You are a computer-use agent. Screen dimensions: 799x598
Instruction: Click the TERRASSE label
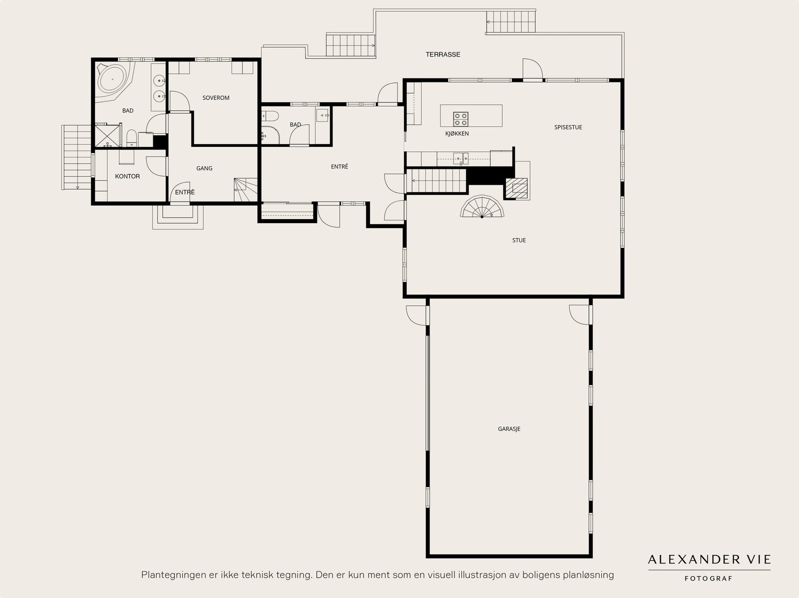click(x=443, y=54)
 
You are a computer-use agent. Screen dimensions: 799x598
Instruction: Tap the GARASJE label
click(x=509, y=429)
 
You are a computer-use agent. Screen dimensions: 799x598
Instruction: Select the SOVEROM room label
click(x=216, y=98)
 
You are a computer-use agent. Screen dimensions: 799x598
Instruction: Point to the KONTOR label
click(x=127, y=176)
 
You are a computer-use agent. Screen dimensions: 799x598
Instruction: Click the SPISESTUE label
click(x=568, y=127)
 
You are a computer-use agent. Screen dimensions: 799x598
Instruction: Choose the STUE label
click(x=519, y=240)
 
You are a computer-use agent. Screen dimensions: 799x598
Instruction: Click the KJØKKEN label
click(x=457, y=133)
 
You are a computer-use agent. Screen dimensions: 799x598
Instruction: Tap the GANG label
click(x=204, y=168)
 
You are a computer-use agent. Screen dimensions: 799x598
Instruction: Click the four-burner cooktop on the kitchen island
click(x=460, y=119)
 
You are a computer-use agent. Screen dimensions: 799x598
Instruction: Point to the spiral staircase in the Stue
click(x=482, y=207)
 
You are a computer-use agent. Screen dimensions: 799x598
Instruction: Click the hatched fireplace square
click(x=516, y=188)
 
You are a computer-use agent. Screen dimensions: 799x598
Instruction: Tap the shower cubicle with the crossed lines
click(x=108, y=135)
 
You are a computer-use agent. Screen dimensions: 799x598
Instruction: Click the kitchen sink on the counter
click(x=461, y=159)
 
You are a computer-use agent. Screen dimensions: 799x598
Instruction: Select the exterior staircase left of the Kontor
click(x=76, y=157)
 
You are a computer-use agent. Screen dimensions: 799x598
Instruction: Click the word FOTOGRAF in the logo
click(x=708, y=579)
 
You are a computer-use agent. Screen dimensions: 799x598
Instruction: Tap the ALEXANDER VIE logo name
click(x=709, y=560)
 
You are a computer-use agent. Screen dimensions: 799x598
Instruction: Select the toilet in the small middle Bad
click(x=270, y=116)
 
